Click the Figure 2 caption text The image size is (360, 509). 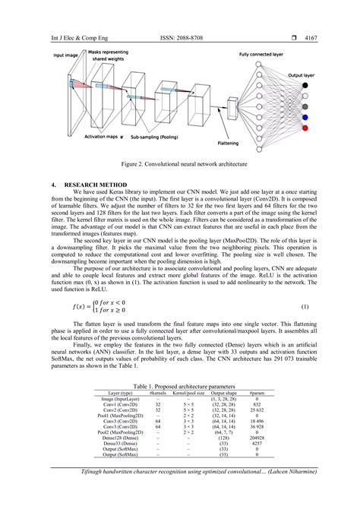point(180,163)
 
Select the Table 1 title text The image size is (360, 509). point(180,387)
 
